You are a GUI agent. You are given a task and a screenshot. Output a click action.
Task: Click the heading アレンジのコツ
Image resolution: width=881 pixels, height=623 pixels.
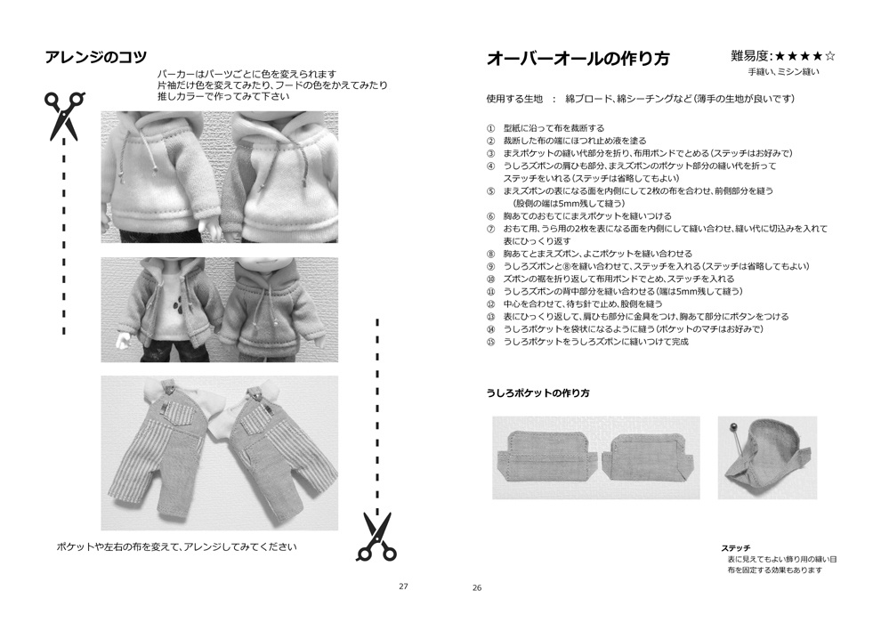coord(95,58)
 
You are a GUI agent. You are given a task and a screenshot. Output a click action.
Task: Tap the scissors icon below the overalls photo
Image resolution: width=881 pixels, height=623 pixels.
coord(376,537)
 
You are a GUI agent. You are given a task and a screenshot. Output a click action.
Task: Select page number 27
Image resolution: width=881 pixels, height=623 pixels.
coord(403,587)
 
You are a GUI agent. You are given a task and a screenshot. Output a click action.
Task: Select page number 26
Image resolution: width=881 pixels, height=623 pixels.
coord(477,587)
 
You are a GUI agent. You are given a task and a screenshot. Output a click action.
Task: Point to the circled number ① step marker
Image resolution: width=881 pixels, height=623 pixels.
coord(490,128)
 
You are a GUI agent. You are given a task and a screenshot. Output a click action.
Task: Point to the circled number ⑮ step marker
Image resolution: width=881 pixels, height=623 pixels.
coord(490,342)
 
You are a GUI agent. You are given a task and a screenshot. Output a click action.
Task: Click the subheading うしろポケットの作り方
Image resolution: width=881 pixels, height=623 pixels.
coord(537,393)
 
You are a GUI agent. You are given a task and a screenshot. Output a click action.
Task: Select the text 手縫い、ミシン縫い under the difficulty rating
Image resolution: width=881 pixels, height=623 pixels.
coord(782,71)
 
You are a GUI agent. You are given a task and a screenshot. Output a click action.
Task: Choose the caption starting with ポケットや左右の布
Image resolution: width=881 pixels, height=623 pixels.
coord(175,546)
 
